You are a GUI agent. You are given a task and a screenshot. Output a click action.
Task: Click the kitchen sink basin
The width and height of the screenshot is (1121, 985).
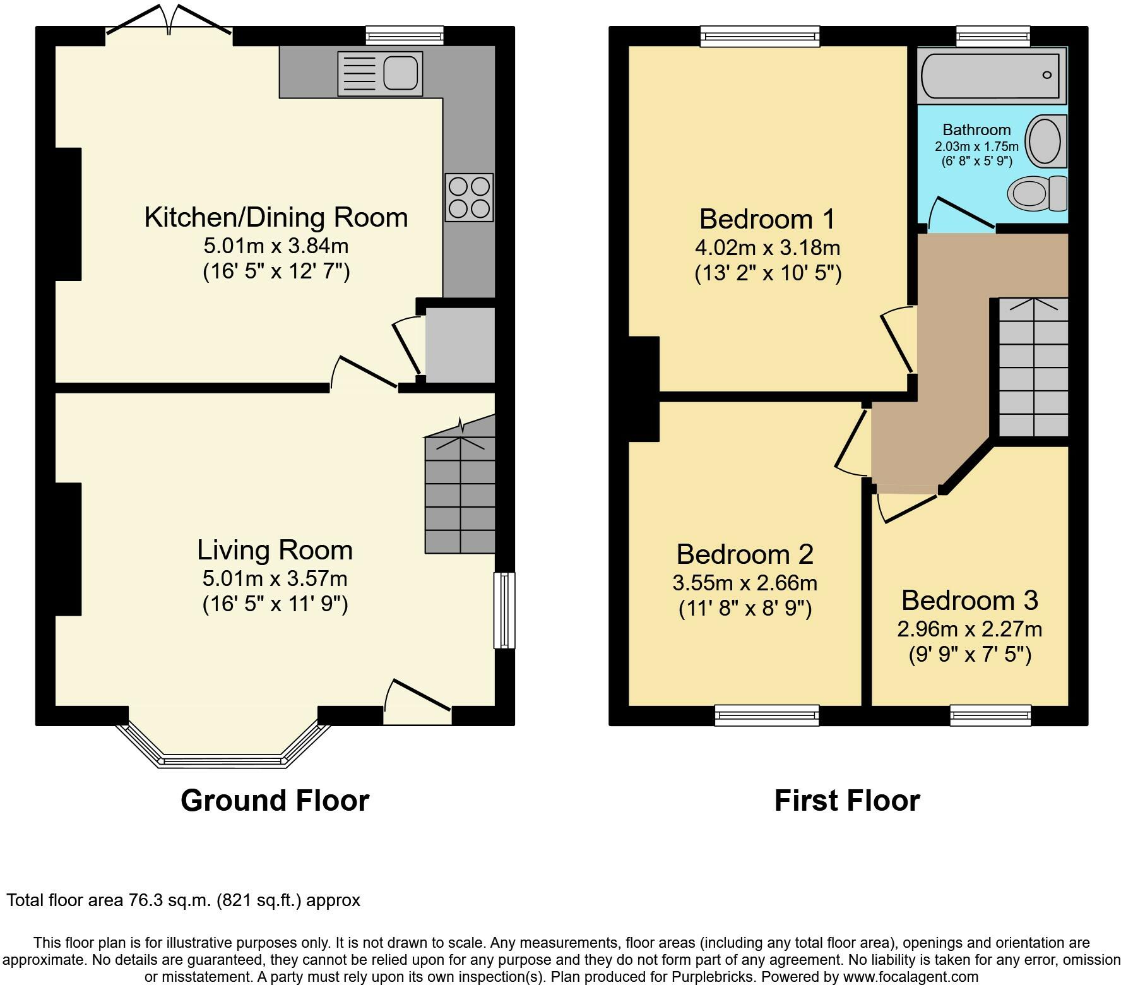pos(400,73)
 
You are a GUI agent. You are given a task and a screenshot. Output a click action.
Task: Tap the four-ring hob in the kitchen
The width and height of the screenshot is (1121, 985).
pos(469,198)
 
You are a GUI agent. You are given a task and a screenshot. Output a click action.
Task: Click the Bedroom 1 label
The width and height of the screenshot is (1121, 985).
pos(767,219)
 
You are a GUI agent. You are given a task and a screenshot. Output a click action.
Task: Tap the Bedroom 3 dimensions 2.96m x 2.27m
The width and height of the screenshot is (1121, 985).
pos(970,629)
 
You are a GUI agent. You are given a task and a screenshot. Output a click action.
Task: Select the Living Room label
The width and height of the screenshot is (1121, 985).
pos(275,550)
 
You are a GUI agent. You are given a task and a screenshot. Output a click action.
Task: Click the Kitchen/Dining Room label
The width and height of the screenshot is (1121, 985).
pos(276,217)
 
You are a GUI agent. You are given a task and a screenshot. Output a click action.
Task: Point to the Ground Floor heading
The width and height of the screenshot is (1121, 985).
pos(275,801)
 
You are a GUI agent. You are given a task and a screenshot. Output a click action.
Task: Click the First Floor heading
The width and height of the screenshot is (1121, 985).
pos(847,801)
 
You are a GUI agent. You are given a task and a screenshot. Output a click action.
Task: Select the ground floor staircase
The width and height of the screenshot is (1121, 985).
pos(460,485)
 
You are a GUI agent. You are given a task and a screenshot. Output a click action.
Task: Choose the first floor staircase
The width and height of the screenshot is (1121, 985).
pos(1033,367)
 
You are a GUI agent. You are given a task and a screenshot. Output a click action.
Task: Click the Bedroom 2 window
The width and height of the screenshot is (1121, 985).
pos(767,715)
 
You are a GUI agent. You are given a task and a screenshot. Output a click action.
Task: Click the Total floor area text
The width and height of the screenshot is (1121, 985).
pos(184,900)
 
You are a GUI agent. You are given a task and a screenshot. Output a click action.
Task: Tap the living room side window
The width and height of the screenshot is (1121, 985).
pos(504,610)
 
